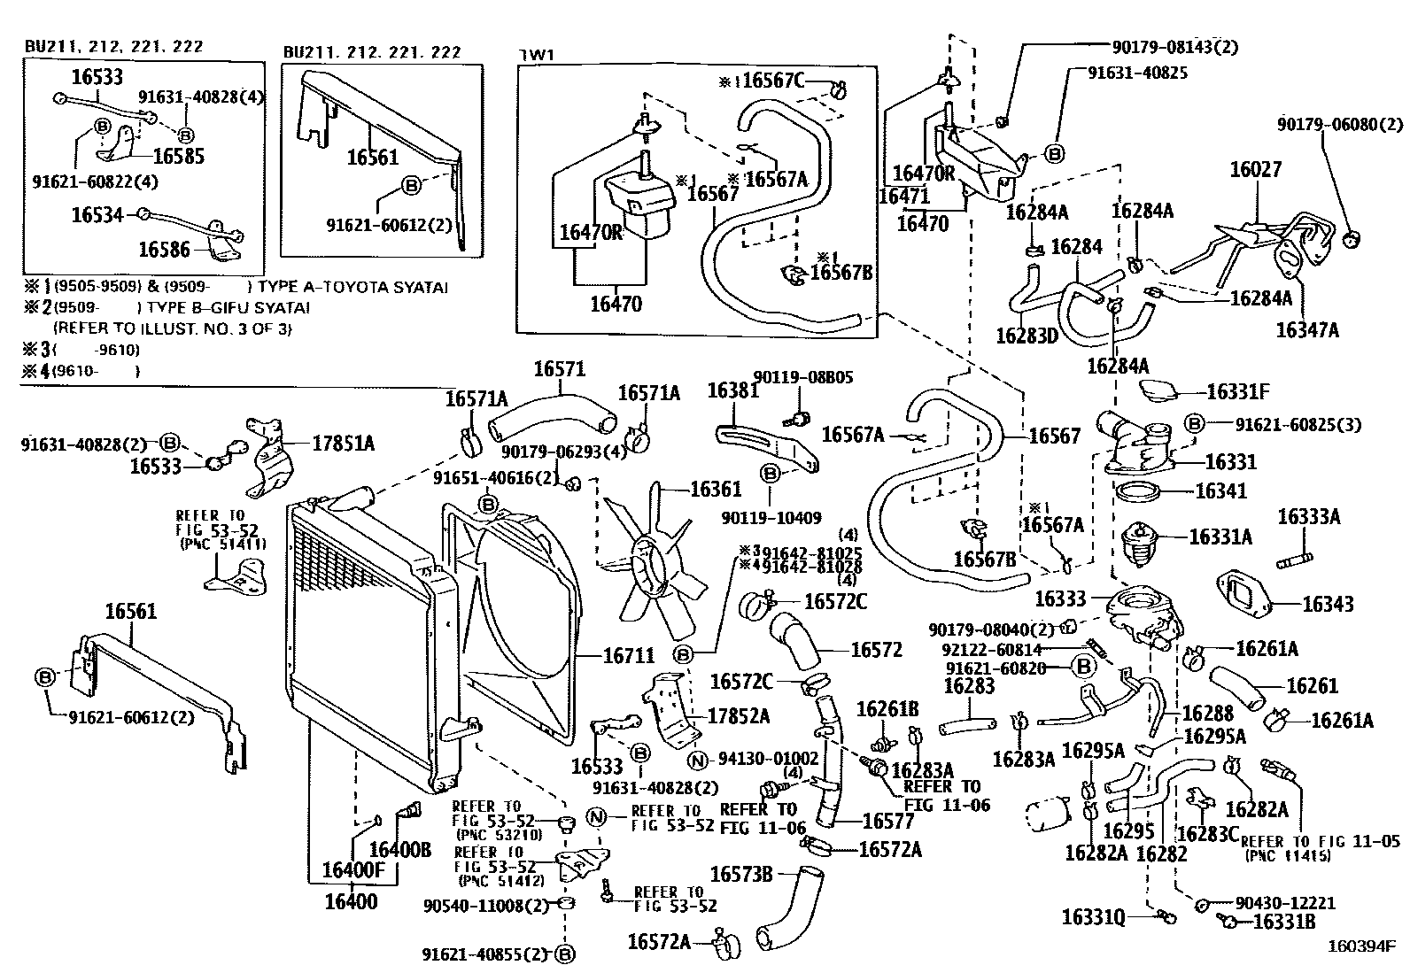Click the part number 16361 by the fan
point(716,490)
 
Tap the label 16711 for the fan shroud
point(629,656)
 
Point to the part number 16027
point(1255,169)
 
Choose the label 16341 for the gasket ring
point(1220,490)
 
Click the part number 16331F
point(1238,390)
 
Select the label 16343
point(1328,604)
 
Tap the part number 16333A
point(1308,516)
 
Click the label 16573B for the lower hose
point(742,875)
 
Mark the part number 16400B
point(400,850)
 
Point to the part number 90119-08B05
point(803,376)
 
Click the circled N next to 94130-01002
point(699,759)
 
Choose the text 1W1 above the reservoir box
point(536,54)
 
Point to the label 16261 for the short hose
point(1312,685)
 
